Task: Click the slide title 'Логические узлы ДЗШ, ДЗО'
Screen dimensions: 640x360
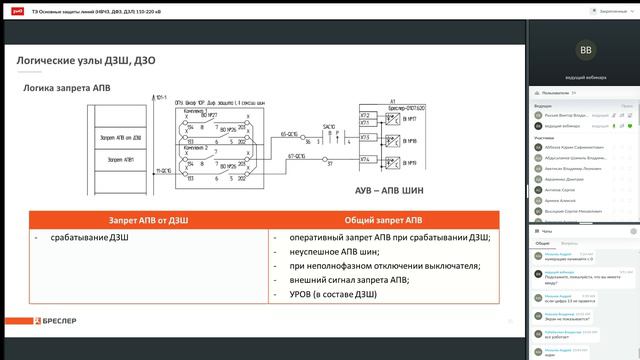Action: coord(86,61)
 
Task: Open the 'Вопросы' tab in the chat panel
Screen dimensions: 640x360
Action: coord(568,243)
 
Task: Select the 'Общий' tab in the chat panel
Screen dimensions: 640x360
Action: coord(542,243)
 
